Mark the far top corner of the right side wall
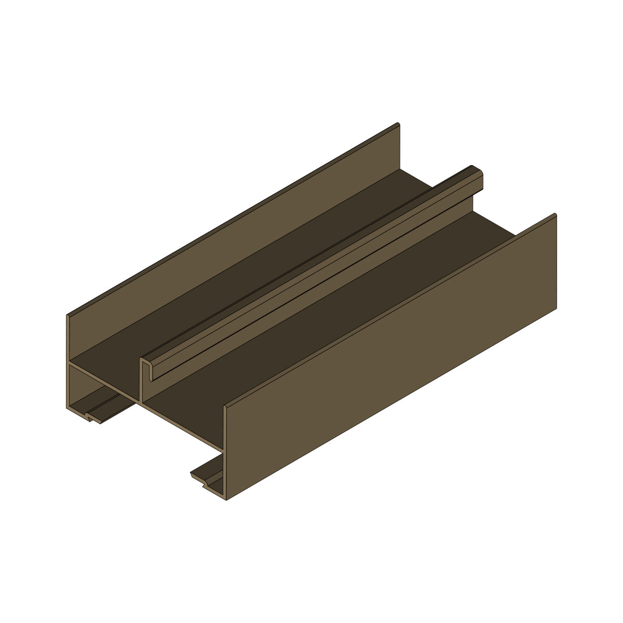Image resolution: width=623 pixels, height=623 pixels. [x=555, y=215]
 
